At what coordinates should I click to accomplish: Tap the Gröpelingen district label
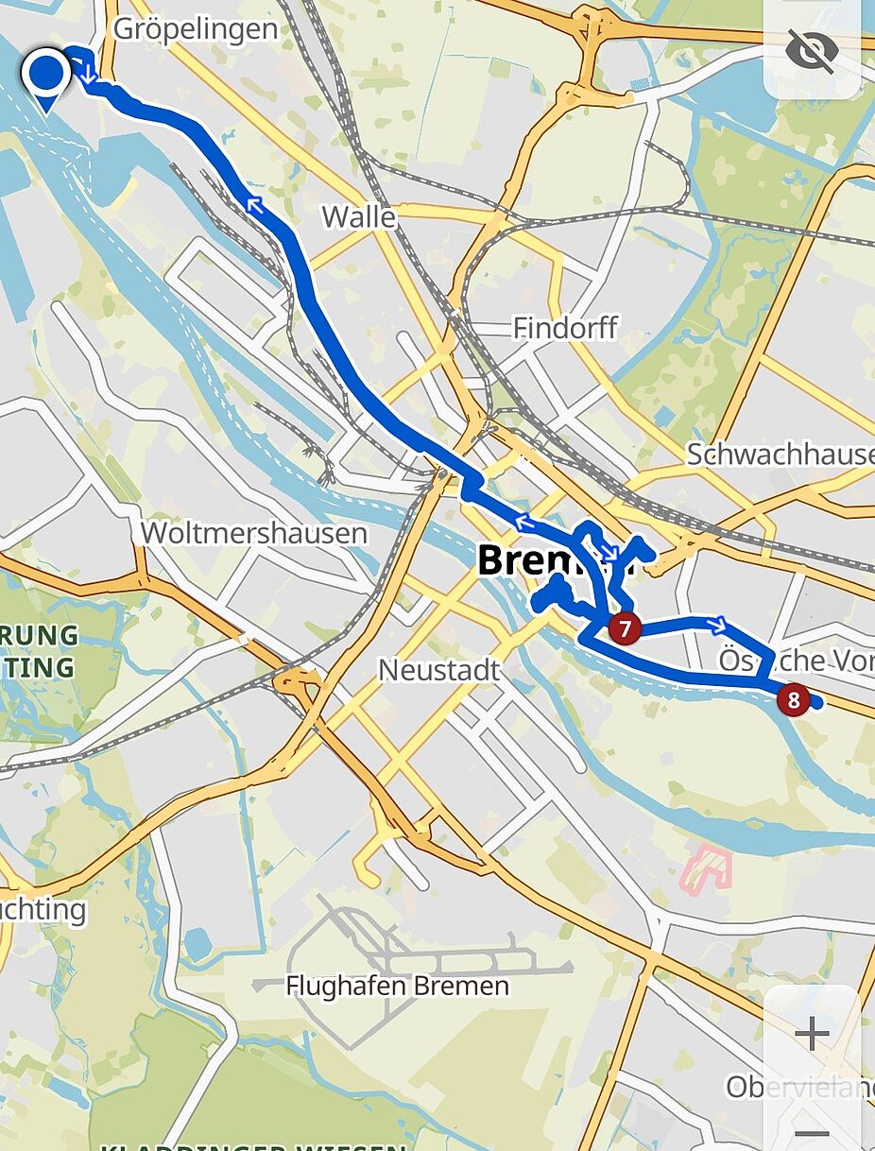coord(196,28)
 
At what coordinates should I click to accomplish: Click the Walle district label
coord(358,216)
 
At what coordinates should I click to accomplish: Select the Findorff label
coord(565,328)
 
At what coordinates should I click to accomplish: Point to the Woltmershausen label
coord(253,533)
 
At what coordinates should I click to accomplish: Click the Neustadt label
coord(438,670)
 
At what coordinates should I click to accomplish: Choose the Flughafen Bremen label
coord(397,987)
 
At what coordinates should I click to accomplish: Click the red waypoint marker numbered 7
coord(625,627)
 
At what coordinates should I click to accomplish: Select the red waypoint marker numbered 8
coord(793,700)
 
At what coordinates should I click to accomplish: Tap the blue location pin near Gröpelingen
coord(45,76)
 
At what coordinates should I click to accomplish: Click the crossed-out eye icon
coord(812,51)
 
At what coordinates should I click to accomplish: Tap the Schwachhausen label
coord(780,454)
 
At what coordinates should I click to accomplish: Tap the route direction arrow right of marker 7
coord(718,624)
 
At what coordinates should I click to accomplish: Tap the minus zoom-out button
coord(812,1132)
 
